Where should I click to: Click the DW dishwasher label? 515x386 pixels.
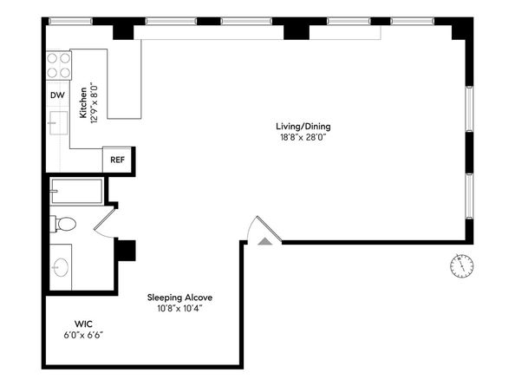click(56, 95)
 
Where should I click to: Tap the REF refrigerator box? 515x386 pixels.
click(115, 160)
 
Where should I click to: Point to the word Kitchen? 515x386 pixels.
click(83, 102)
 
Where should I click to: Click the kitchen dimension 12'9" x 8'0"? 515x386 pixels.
click(94, 102)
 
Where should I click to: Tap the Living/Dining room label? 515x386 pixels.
click(304, 126)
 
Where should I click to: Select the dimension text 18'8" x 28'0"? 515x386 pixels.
click(304, 137)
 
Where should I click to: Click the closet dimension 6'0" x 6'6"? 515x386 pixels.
click(84, 335)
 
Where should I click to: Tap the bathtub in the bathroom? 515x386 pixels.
click(76, 189)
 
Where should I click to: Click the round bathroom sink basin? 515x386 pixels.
click(61, 265)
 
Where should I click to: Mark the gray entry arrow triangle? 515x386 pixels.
click(264, 240)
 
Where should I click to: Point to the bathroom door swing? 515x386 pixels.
click(106, 221)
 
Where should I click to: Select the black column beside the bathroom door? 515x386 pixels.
click(126, 249)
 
